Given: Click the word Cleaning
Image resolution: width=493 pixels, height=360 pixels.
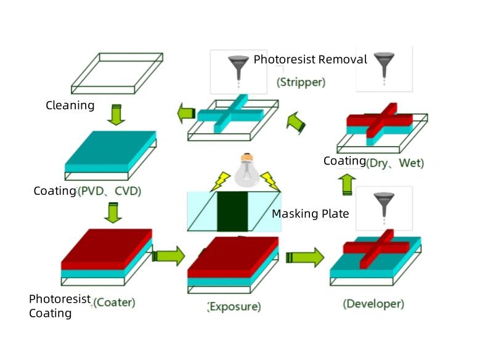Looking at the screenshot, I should pyautogui.click(x=70, y=105).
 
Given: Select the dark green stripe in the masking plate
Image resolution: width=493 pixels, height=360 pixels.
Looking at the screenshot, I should pyautogui.click(x=232, y=211).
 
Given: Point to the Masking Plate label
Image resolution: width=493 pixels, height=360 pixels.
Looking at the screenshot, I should pyautogui.click(x=311, y=214).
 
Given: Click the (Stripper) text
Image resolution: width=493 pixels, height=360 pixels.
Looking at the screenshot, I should pyautogui.click(x=301, y=81).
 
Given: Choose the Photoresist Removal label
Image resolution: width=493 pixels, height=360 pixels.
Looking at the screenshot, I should pyautogui.click(x=310, y=60).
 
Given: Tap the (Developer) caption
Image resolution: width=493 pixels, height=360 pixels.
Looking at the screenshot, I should pyautogui.click(x=373, y=303).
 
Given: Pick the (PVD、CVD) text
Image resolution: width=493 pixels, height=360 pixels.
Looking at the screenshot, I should pyautogui.click(x=109, y=191).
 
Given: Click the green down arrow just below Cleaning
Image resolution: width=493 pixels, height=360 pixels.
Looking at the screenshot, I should pyautogui.click(x=113, y=115).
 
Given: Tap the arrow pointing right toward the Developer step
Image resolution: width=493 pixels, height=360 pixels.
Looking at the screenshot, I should pyautogui.click(x=305, y=256).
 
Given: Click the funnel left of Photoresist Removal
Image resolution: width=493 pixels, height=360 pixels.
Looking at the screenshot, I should pyautogui.click(x=237, y=67).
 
